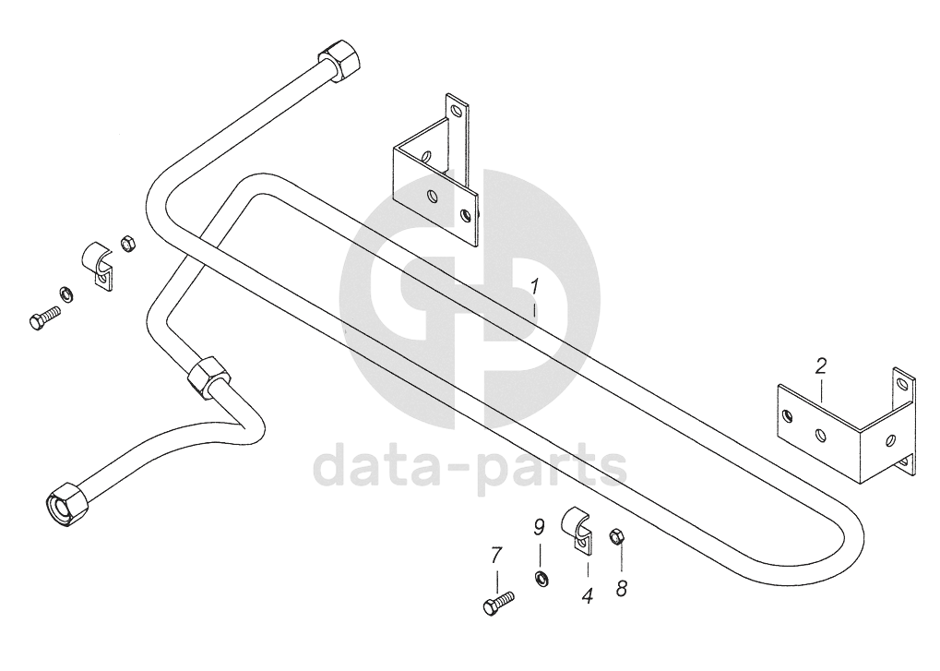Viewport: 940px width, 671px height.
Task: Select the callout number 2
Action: [x=820, y=366]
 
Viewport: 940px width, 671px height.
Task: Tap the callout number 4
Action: [x=587, y=596]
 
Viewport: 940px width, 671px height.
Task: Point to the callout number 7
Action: [x=496, y=556]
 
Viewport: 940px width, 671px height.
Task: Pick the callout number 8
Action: [x=622, y=587]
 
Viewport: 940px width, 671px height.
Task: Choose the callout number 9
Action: [x=540, y=528]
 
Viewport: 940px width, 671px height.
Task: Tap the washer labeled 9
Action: [x=541, y=578]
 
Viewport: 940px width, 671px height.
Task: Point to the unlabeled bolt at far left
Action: [x=43, y=318]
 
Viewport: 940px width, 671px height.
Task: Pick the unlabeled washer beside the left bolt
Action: [x=67, y=294]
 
